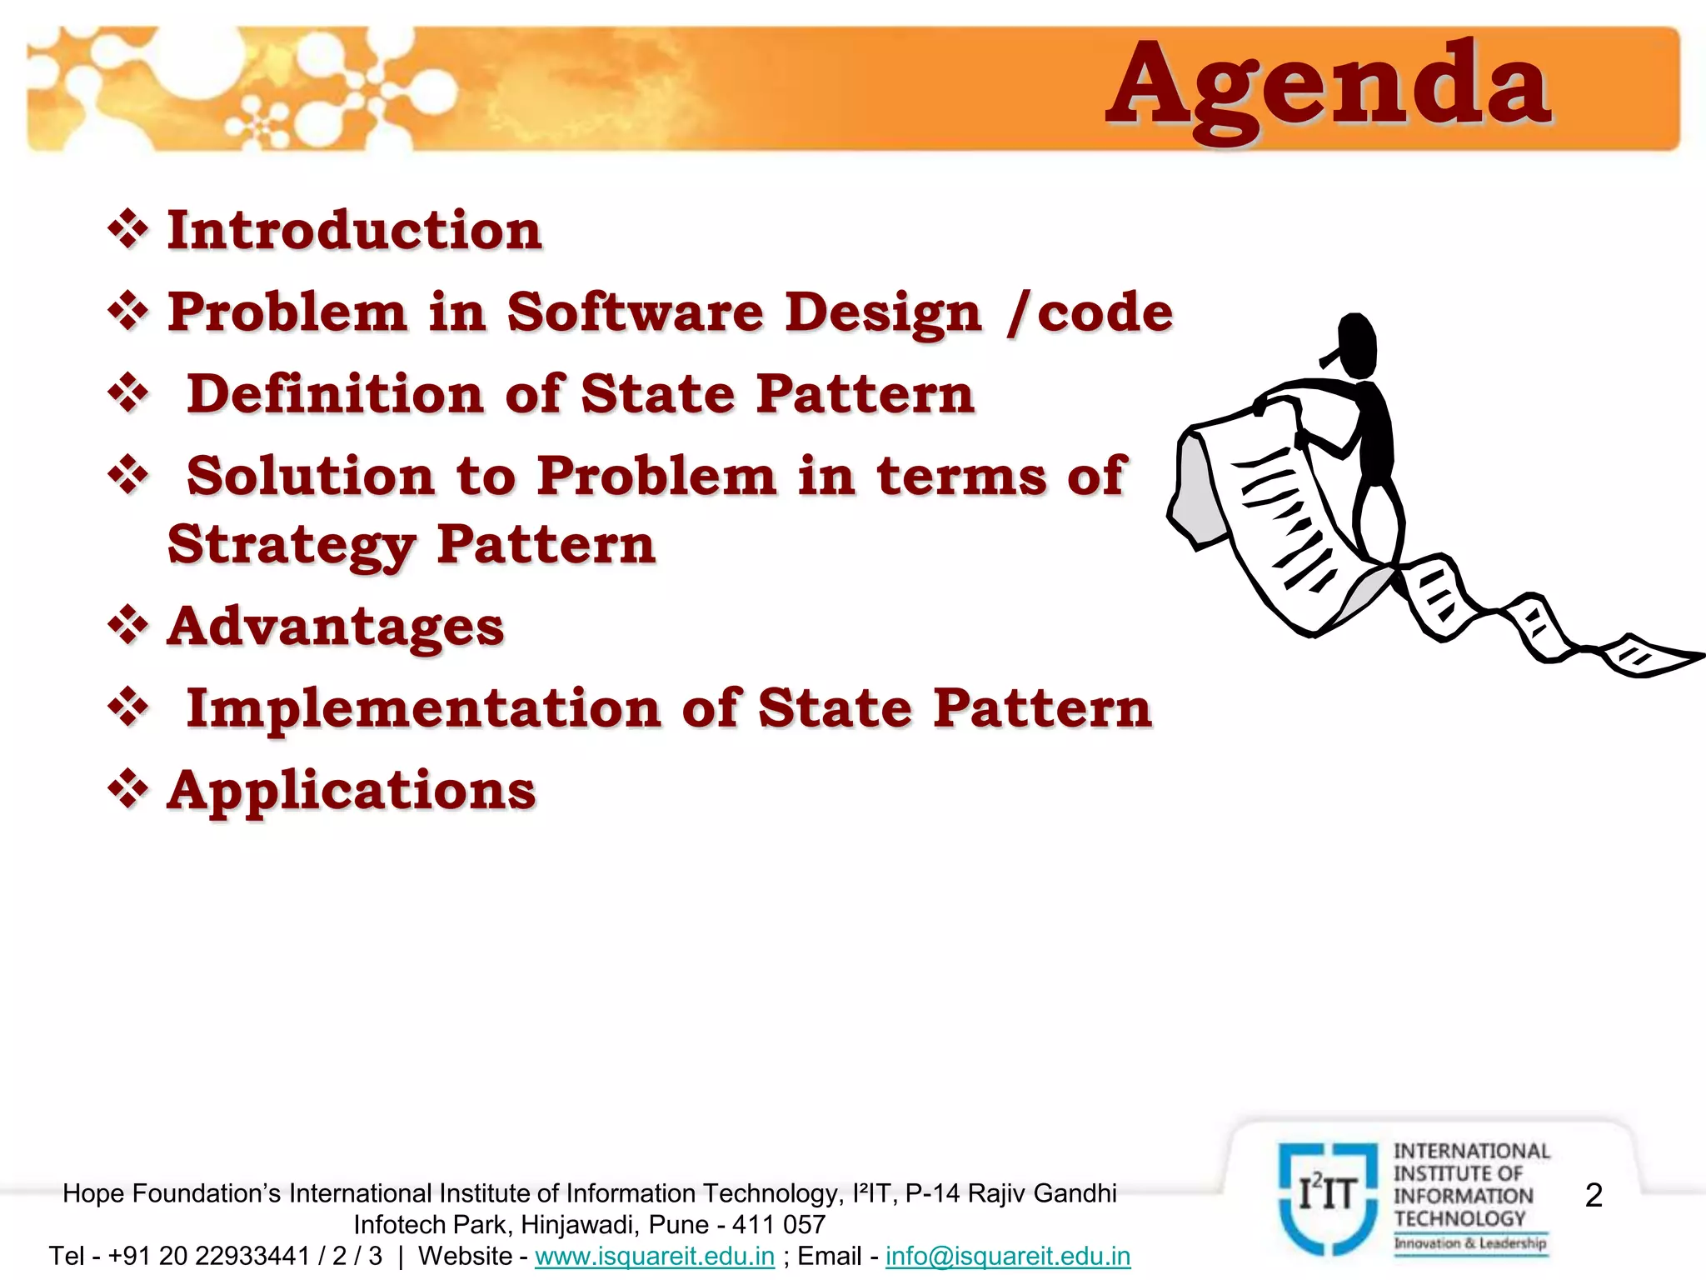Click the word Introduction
(x=355, y=230)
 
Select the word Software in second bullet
(x=635, y=312)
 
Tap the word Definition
(x=335, y=394)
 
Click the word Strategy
(x=291, y=545)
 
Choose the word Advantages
(x=336, y=626)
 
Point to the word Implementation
(x=423, y=708)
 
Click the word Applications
(x=352, y=790)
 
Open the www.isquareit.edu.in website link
(x=655, y=1256)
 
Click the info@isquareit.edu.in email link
(x=1008, y=1256)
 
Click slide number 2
(x=1594, y=1195)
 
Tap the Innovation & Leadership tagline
(x=1471, y=1243)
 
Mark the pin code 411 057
(x=779, y=1224)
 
